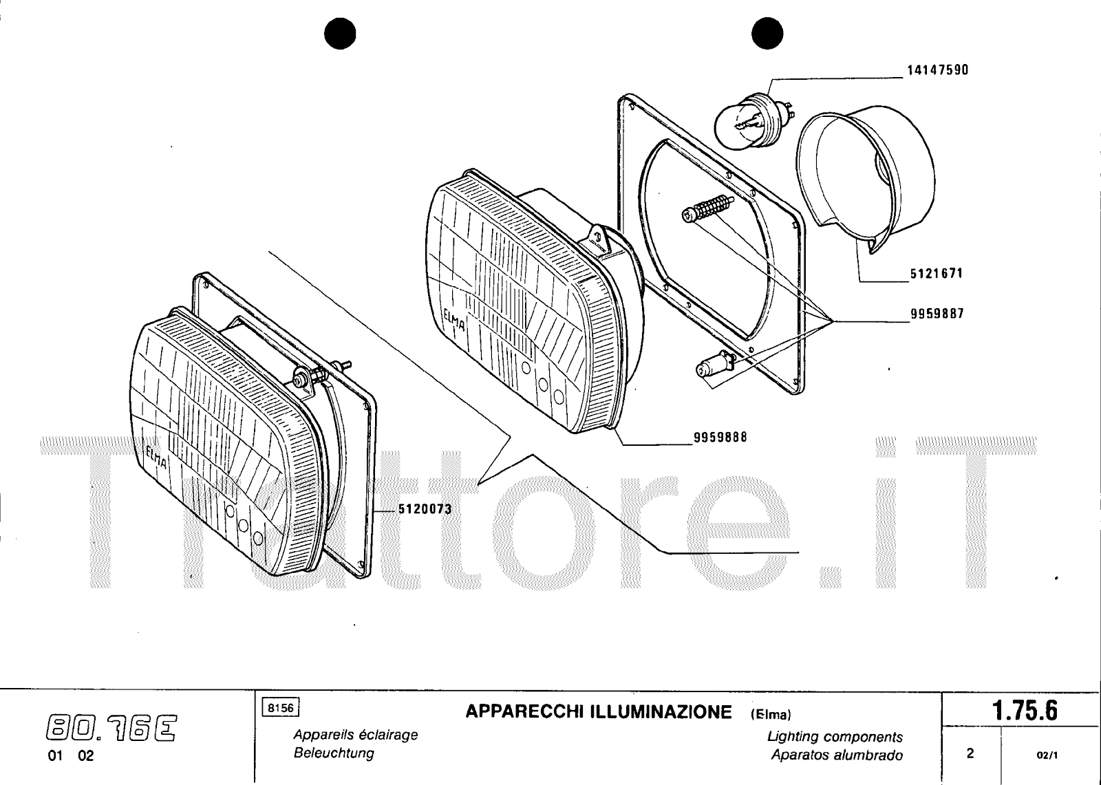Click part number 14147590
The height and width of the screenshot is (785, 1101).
pos(937,70)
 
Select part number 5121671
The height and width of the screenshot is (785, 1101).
pos(937,273)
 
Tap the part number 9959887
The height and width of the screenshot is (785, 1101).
pos(937,314)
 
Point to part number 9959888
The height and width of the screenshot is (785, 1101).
pos(720,437)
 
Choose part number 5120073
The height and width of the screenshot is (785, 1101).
pos(425,508)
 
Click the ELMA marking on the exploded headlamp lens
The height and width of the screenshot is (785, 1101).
pos(453,319)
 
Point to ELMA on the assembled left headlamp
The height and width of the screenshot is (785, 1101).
pos(157,457)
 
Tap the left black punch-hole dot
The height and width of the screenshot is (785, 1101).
pos(340,34)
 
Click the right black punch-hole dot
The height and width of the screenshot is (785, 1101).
pos(767,34)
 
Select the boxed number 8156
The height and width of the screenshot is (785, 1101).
pos(281,707)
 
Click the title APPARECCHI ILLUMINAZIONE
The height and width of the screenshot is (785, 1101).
pos(599,712)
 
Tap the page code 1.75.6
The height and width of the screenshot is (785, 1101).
pos(1025,710)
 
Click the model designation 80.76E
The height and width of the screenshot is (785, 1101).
pos(111,728)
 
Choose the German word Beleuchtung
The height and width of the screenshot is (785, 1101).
pos(334,753)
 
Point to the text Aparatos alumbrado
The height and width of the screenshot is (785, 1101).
pos(837,755)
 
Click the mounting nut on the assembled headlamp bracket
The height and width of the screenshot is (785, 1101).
pos(299,379)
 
